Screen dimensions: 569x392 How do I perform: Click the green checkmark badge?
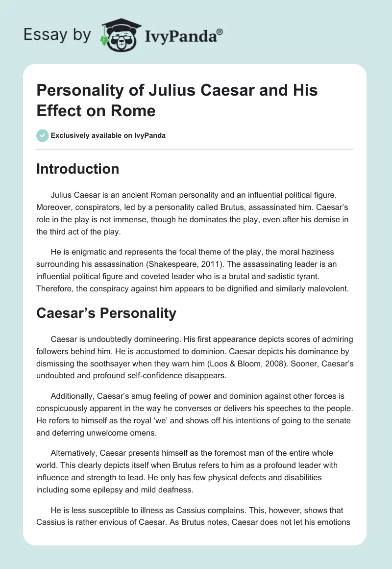[42, 135]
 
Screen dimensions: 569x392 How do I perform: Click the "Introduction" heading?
[78, 169]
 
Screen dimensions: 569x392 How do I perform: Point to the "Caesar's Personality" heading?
[106, 313]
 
